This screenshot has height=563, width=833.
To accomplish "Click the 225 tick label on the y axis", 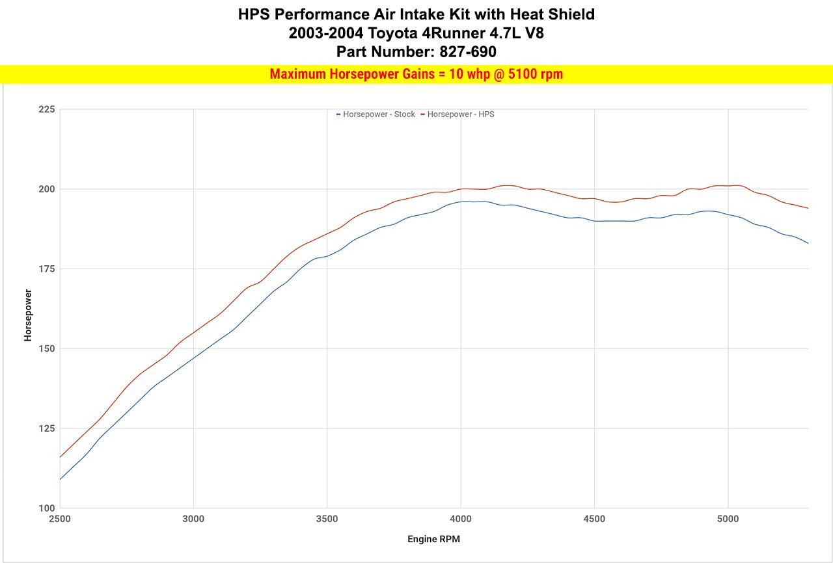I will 46,109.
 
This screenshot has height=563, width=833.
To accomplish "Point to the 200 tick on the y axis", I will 46,189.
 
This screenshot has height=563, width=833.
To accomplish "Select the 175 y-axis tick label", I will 46,269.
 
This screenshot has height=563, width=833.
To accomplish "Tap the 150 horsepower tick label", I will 46,348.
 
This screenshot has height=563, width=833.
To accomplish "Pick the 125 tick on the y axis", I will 46,428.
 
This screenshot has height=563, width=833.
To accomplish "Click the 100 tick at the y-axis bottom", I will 46,508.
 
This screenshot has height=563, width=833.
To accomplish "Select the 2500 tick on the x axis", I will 60,519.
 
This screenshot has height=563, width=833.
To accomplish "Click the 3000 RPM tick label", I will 193,519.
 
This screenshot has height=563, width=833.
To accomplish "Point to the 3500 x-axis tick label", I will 327,519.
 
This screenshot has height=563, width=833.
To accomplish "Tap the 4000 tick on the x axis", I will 461,519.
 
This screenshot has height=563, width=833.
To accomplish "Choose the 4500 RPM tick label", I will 594,519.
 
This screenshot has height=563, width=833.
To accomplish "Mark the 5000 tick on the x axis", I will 728,519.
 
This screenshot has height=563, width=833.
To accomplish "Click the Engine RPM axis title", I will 434,540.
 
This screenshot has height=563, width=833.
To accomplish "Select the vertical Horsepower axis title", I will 28,315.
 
